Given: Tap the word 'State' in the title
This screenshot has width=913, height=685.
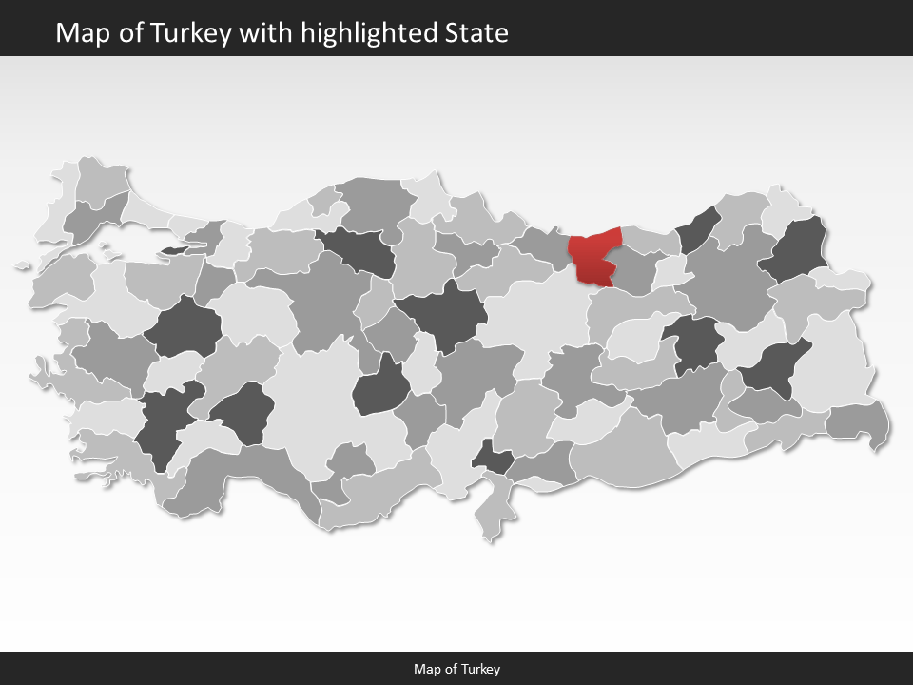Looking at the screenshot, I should (x=476, y=33).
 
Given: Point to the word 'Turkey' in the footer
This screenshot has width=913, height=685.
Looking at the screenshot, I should (x=482, y=669).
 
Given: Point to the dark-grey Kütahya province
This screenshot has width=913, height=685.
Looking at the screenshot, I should (x=183, y=328).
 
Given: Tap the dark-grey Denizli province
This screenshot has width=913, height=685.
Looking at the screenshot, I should (x=162, y=428).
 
